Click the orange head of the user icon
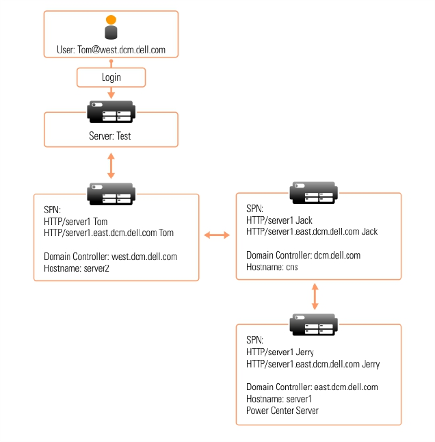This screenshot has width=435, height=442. click(111, 19)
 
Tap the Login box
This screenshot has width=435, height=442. click(111, 77)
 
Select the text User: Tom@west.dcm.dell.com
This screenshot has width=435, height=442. click(111, 50)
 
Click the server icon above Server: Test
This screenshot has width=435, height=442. click(111, 112)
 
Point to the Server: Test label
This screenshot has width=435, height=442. click(110, 136)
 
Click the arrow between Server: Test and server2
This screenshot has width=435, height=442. click(111, 166)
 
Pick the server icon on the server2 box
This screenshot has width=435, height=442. click(111, 194)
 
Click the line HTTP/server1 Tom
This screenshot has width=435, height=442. click(75, 222)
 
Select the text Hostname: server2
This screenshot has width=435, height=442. click(77, 268)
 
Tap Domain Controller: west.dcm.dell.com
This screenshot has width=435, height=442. click(110, 257)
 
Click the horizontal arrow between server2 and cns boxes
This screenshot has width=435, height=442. click(217, 235)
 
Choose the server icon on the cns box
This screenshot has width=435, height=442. click(313, 193)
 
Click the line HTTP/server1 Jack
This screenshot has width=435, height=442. click(279, 220)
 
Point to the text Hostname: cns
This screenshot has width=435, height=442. click(272, 267)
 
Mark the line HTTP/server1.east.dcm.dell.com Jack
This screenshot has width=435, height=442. click(312, 231)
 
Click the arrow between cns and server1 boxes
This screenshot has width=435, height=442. click(315, 296)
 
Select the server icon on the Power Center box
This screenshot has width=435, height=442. click(313, 324)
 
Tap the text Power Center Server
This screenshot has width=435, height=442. click(282, 411)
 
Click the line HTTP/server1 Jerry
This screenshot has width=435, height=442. click(280, 352)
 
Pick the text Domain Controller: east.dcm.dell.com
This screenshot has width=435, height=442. click(312, 387)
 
